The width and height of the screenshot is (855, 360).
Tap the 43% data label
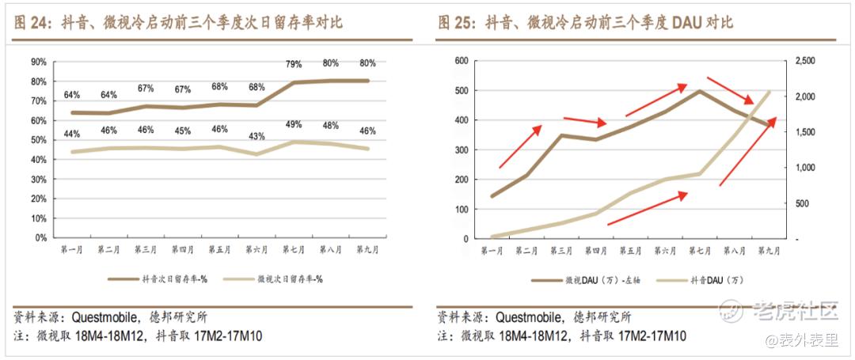(256, 137)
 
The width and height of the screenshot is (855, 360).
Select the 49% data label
(294, 124)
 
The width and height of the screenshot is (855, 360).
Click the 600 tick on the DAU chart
(462, 61)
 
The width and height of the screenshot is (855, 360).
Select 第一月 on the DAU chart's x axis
(492, 251)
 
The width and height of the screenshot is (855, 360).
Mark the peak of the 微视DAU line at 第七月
(700, 91)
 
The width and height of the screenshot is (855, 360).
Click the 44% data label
(72, 133)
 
